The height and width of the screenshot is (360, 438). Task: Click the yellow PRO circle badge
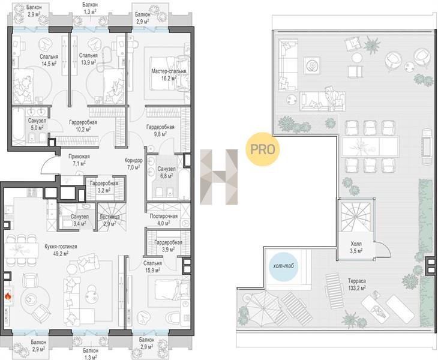262,149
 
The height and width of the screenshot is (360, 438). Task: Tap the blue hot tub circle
284,266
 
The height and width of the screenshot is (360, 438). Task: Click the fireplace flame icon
8,296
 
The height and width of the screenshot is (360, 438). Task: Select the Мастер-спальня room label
169,74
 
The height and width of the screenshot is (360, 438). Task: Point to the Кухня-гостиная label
61,250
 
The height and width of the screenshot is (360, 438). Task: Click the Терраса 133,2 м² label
357,284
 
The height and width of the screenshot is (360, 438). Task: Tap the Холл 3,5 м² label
356,247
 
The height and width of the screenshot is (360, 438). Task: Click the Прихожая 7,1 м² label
79,160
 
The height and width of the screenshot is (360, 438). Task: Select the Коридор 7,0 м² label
134,164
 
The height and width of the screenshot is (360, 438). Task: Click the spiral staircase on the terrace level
355,215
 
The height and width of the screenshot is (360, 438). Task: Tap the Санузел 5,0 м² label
37,124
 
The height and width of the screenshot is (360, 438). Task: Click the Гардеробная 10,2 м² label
83,125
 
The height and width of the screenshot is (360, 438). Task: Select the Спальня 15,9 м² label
152,266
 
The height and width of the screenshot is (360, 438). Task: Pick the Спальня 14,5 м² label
49,60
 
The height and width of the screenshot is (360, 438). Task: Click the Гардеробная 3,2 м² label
104,186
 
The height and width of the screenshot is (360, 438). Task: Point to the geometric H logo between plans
219,177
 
